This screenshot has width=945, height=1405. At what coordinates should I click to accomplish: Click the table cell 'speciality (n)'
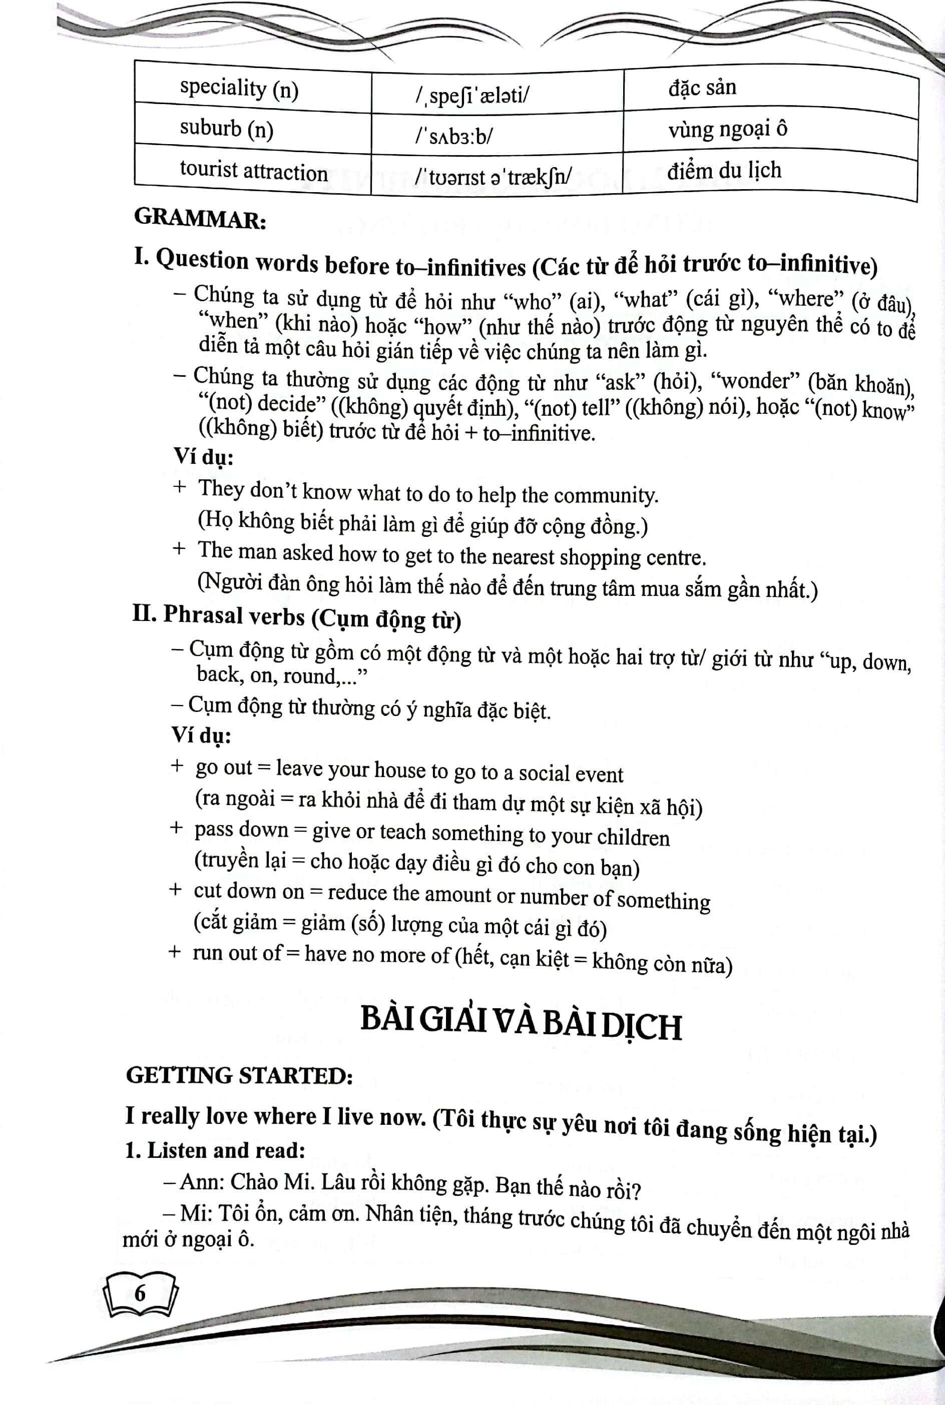[239, 89]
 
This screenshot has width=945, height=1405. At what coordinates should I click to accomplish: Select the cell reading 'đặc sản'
[702, 88]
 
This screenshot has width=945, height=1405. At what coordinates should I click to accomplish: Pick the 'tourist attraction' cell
[253, 171]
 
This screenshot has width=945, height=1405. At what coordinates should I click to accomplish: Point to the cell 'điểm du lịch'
[724, 171]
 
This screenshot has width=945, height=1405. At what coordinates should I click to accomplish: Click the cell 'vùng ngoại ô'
[727, 129]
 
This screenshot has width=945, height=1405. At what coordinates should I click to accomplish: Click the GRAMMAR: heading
[200, 218]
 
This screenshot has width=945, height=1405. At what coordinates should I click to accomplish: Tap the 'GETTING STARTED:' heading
[239, 1077]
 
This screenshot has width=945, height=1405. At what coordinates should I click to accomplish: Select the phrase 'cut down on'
[248, 891]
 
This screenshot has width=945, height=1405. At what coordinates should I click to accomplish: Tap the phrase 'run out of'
[237, 953]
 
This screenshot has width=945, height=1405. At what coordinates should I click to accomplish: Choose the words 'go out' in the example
[224, 767]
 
